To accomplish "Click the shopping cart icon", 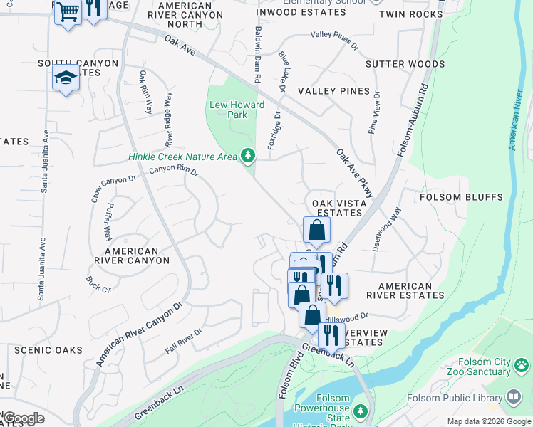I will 68,13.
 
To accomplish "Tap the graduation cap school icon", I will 66,78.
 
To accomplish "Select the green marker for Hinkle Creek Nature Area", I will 247,154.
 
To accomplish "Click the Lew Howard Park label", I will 237,110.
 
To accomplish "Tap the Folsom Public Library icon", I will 514,397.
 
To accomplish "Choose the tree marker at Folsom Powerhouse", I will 361,411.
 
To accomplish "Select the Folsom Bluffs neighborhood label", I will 461,197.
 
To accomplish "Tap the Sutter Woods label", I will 405,64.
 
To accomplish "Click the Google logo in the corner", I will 23,418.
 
